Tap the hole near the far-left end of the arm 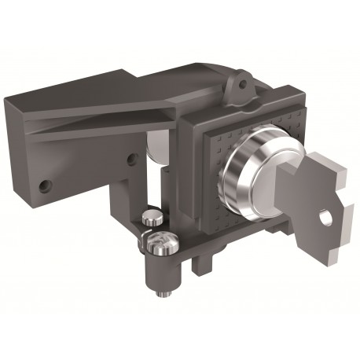(x=46, y=186)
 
